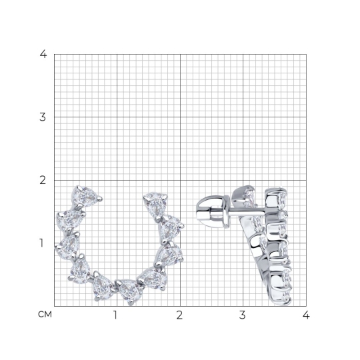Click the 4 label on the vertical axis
pyautogui.click(x=43, y=54)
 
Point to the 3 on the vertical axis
pyautogui.click(x=43, y=117)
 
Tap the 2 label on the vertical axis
pyautogui.click(x=43, y=180)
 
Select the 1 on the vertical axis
pyautogui.click(x=41, y=243)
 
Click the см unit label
pyautogui.click(x=45, y=315)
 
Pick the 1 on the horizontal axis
pyautogui.click(x=115, y=315)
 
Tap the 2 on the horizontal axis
pyautogui.click(x=180, y=315)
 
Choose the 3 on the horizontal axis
pyautogui.click(x=243, y=315)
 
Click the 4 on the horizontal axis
pyautogui.click(x=306, y=315)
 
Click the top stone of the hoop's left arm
pyautogui.click(x=85, y=195)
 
